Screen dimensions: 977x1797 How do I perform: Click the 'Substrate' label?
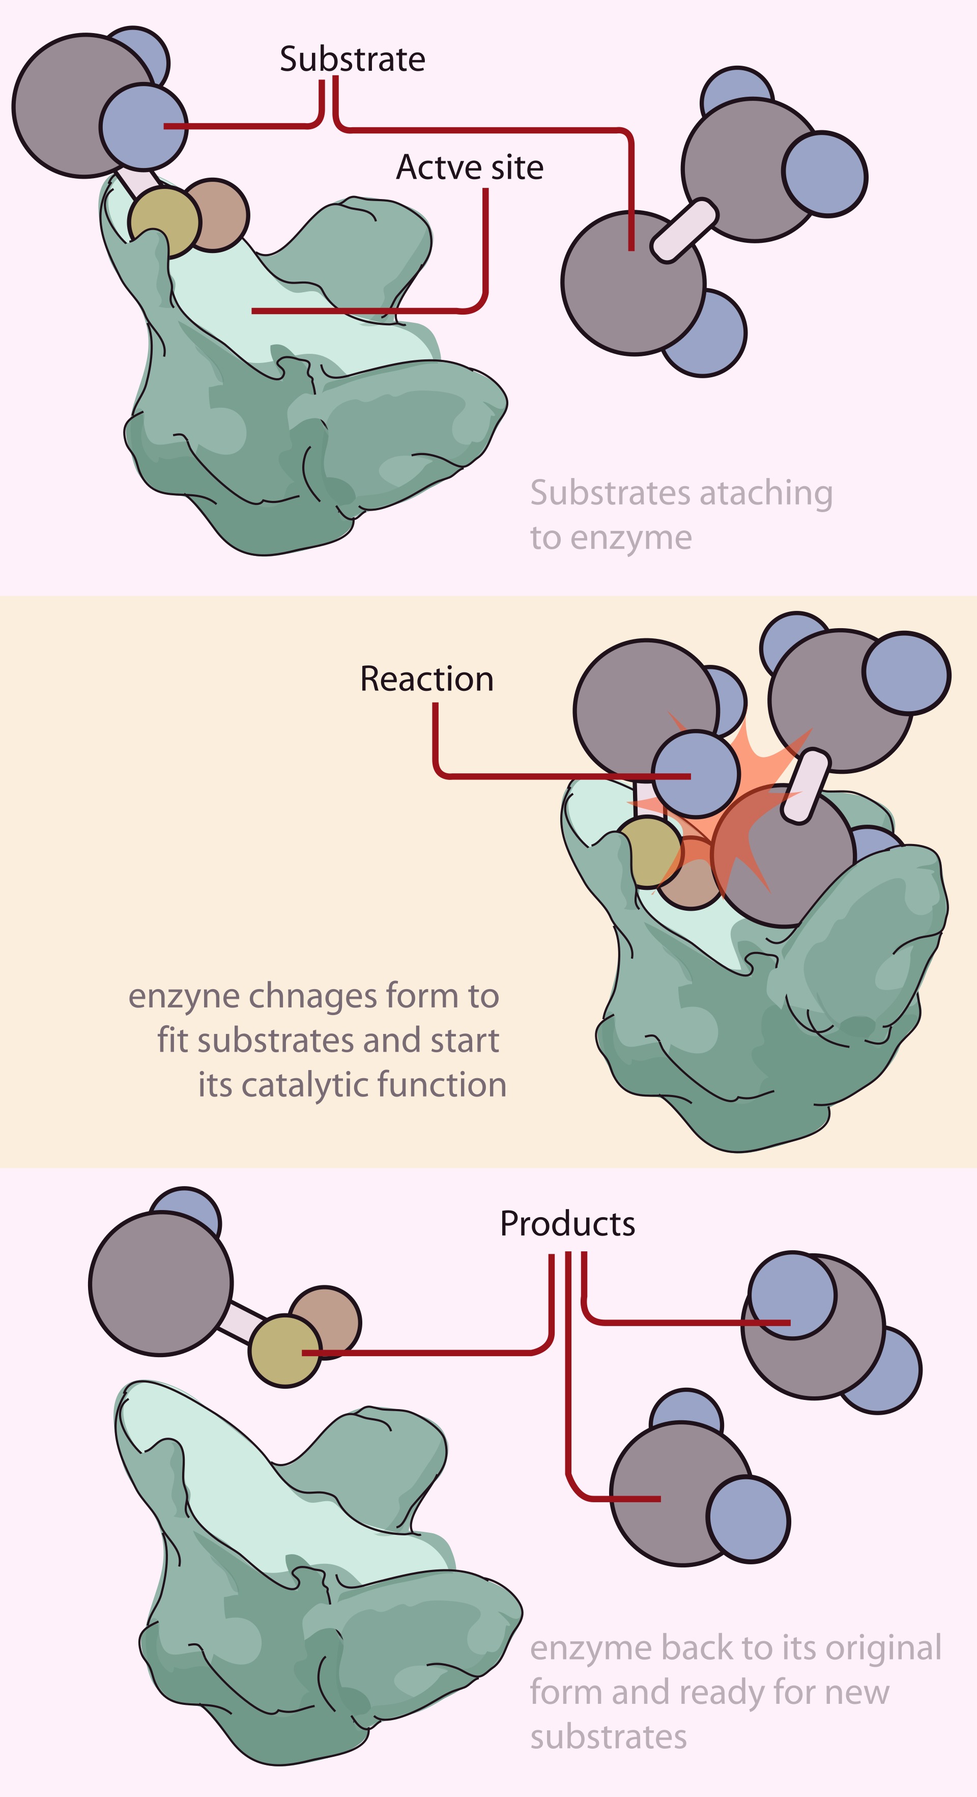(x=352, y=59)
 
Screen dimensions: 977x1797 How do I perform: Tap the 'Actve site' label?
(x=469, y=167)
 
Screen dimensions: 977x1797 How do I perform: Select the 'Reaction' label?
(x=427, y=679)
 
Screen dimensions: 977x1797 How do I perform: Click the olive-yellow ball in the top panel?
(x=164, y=222)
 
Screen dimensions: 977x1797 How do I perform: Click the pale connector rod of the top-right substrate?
(x=684, y=230)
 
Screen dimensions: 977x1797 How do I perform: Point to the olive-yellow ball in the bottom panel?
(x=285, y=1351)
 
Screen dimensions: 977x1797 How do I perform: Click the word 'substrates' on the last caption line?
(x=608, y=1736)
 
